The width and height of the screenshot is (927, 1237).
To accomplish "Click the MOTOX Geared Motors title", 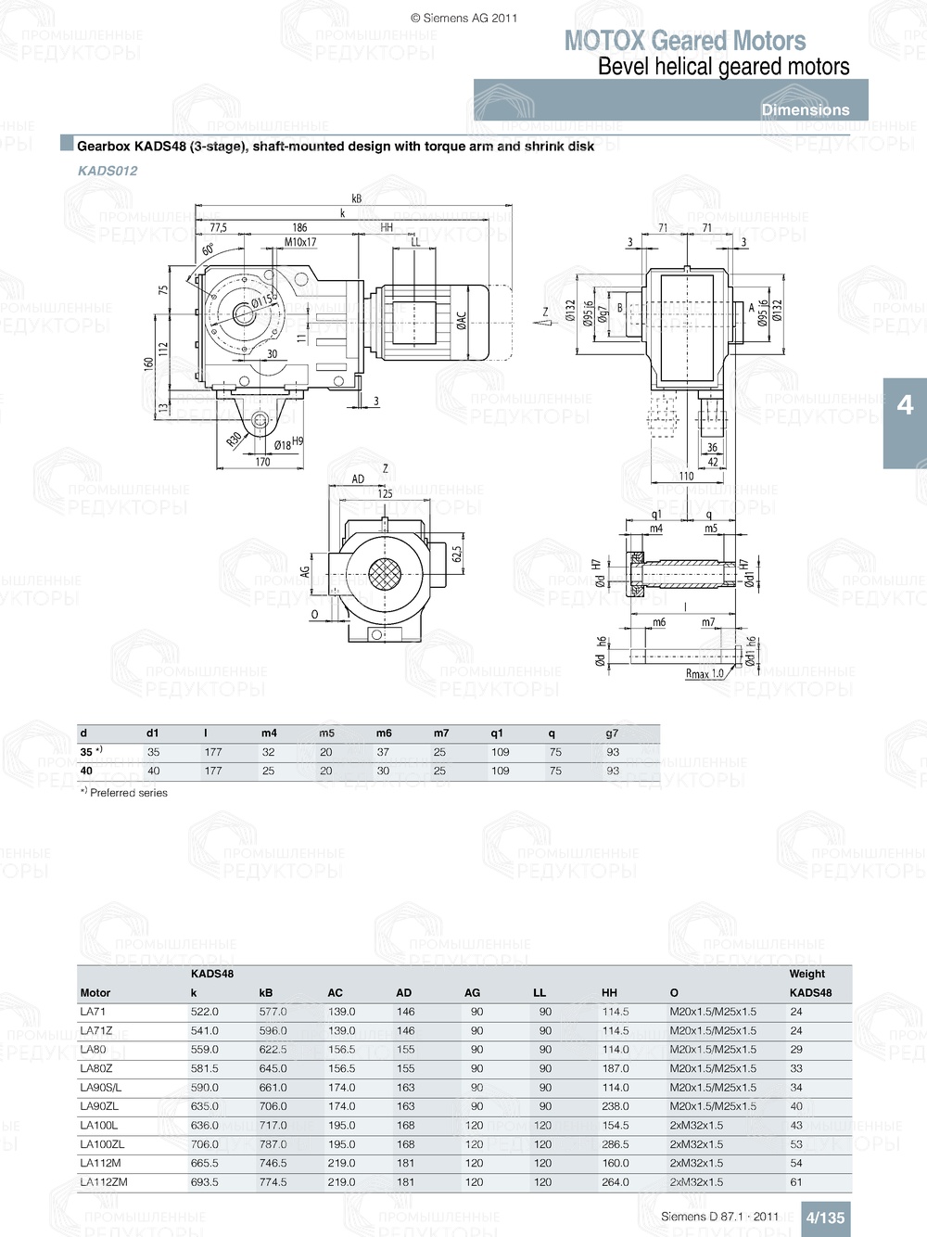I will (684, 41).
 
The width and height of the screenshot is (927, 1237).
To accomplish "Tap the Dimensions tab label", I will (805, 109).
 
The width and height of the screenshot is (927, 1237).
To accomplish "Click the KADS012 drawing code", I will (108, 171).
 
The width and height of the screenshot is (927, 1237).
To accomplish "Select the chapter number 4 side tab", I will (905, 405).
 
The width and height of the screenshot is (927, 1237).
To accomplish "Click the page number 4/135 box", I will (824, 1218).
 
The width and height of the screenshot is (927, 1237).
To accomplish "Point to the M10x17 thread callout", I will (299, 242).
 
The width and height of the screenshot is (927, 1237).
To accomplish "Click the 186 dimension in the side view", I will (299, 227).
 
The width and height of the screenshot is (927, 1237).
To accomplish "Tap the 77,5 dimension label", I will (218, 227).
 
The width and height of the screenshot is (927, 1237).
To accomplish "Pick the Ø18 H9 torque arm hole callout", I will (288, 443).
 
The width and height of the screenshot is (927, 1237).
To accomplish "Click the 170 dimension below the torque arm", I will (262, 462).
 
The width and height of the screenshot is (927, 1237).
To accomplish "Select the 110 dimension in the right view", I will (686, 476).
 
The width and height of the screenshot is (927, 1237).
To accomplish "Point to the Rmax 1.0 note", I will (705, 674).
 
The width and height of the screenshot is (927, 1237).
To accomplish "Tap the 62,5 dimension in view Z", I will (456, 554).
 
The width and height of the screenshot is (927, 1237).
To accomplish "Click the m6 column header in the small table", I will (384, 733).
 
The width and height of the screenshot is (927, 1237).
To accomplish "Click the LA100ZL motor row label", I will (102, 1144).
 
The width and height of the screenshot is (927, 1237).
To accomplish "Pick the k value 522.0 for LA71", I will (204, 1012).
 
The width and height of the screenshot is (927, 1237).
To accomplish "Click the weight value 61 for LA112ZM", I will (796, 1182).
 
